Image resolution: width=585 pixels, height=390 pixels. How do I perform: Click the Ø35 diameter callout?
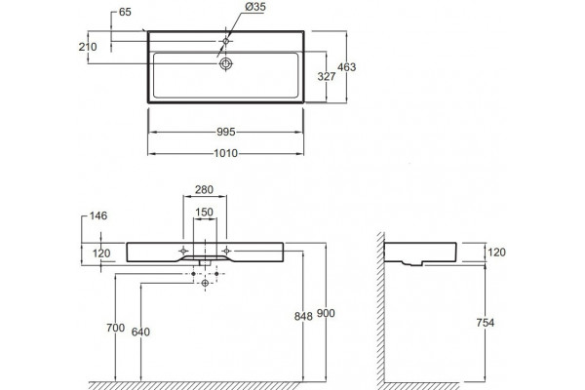pos(255,7)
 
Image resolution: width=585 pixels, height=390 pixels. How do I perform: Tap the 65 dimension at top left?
pos(125,12)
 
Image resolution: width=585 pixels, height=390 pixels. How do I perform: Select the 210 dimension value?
pos(88,47)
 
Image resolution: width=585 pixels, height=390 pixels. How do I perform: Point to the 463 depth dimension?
pos(346,67)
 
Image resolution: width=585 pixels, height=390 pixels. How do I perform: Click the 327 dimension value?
pos(327,76)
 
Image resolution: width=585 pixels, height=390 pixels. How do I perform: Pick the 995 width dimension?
pos(226,132)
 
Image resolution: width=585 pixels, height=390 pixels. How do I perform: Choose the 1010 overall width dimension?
pos(226,153)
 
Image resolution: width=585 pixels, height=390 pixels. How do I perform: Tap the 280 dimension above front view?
pos(204,189)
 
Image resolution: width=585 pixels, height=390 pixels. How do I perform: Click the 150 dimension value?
pos(204,212)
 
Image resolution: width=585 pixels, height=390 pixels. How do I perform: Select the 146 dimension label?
pos(98,215)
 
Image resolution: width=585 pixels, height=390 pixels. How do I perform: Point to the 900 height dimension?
pos(326,313)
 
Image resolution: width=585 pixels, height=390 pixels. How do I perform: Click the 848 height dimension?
pos(303,316)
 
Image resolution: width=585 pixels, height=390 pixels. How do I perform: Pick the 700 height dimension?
pos(116,328)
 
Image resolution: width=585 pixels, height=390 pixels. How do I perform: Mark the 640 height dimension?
pos(140,331)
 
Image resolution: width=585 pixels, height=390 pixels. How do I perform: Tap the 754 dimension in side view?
pos(485,323)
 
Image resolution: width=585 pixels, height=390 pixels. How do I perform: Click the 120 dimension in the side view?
pos(496,253)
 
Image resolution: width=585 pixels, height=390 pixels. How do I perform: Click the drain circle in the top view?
pos(226,63)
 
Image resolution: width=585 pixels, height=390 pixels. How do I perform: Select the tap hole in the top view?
pos(226,41)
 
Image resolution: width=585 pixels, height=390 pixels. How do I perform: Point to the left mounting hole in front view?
pos(183,251)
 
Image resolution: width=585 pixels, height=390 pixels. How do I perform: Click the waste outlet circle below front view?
pos(205,284)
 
